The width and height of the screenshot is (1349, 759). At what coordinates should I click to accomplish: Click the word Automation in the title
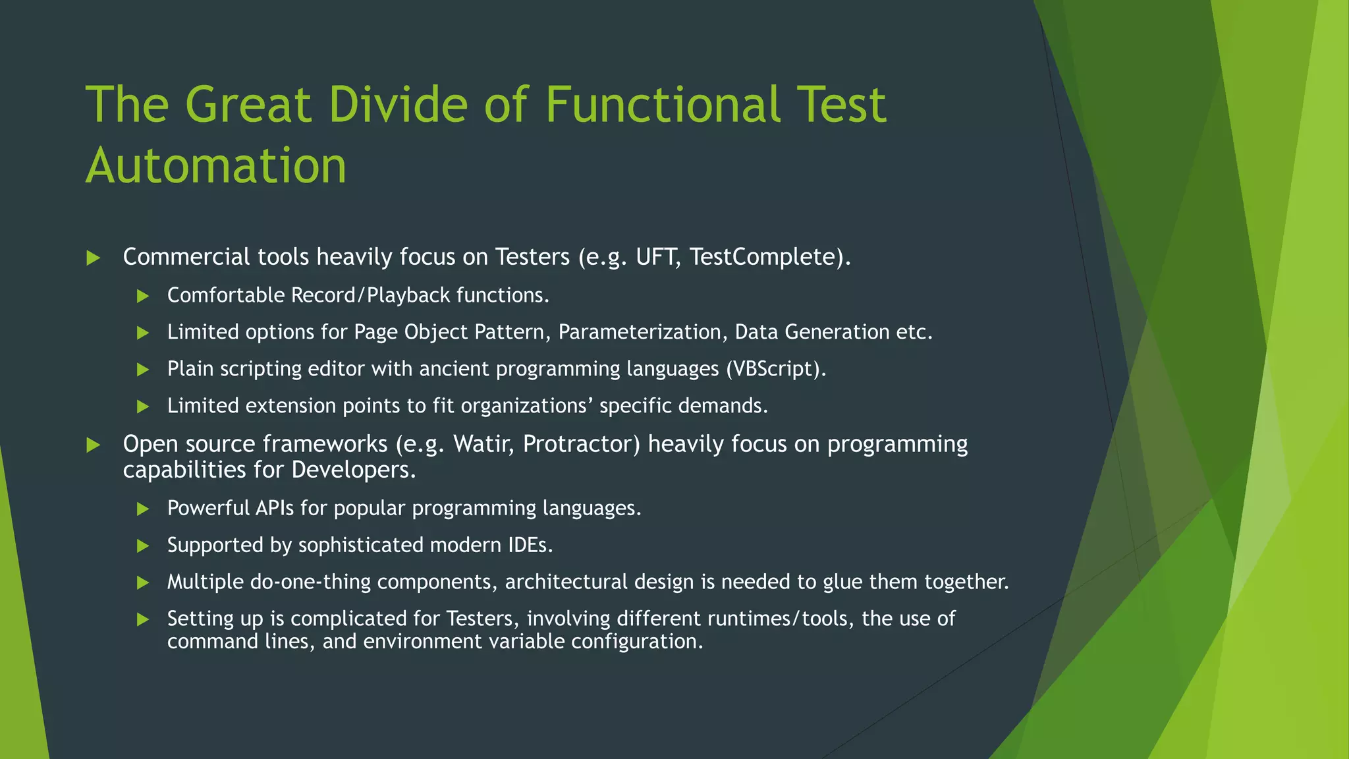point(216,166)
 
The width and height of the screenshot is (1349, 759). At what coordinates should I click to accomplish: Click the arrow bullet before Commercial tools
point(94,258)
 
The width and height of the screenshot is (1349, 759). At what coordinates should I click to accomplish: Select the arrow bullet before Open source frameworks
point(94,445)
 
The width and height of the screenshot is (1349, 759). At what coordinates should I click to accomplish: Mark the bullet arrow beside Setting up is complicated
point(143,619)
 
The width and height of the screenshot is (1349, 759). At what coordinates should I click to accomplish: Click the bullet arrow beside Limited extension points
point(143,407)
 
